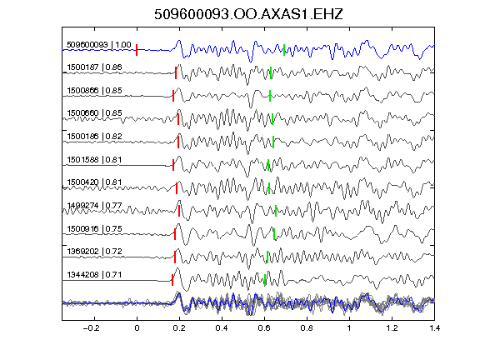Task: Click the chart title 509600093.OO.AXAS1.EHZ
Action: (x=248, y=14)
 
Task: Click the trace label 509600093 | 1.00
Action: (x=99, y=45)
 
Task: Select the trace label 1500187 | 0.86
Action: (x=94, y=67)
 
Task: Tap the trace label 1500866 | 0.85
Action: (x=94, y=90)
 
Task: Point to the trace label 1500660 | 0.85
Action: (x=94, y=113)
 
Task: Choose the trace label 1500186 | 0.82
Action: (x=94, y=136)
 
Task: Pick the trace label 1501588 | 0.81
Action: (x=94, y=159)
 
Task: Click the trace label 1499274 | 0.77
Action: (x=94, y=205)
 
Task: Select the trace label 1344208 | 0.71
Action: (x=94, y=275)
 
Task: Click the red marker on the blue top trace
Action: (x=137, y=50)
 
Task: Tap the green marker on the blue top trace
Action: (x=284, y=50)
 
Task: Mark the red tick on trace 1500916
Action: (x=175, y=234)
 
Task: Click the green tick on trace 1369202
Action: (x=267, y=257)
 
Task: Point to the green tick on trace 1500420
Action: (x=269, y=188)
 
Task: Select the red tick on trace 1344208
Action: (x=172, y=280)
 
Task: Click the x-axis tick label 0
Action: (x=137, y=328)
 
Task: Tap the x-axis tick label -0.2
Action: (x=92, y=328)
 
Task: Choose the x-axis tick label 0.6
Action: (x=264, y=328)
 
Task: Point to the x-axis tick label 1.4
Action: (x=434, y=328)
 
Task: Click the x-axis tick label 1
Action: (x=349, y=328)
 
